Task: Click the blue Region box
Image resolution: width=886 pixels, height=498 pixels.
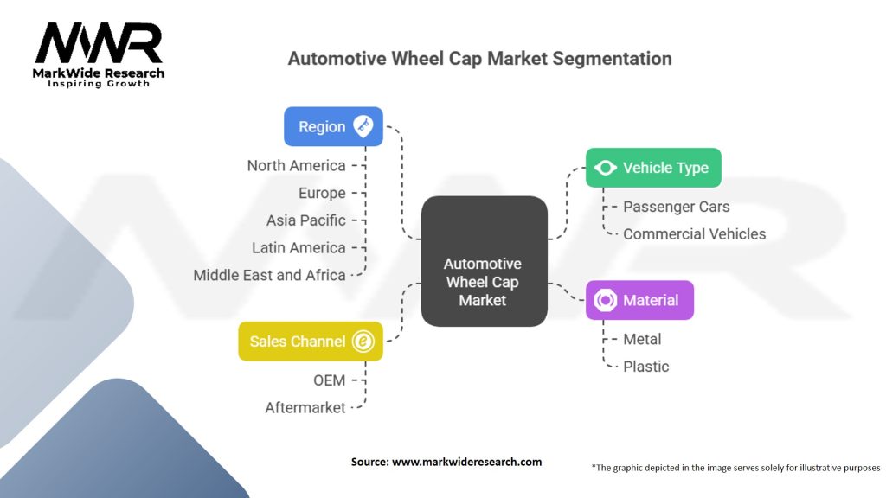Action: point(333,126)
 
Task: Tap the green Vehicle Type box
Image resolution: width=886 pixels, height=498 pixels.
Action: point(653,168)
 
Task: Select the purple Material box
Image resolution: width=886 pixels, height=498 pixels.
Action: point(639,300)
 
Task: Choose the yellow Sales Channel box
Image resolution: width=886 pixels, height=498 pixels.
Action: point(311,342)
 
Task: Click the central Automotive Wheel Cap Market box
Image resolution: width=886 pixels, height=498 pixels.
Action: point(485,261)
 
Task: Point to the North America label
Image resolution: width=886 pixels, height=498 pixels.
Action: point(296,165)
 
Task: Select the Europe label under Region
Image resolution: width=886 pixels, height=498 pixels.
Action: point(322,193)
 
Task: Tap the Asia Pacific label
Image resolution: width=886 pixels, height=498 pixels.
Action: point(306,220)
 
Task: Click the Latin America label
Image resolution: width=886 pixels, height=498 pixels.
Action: point(299,248)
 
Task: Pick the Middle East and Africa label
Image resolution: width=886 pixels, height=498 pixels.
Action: point(270,275)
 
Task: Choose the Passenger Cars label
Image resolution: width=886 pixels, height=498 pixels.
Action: point(677,207)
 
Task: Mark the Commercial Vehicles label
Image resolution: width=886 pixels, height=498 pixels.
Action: point(695,233)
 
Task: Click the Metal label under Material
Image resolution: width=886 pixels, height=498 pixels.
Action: point(642,339)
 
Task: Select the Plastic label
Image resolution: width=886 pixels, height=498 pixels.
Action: point(645,367)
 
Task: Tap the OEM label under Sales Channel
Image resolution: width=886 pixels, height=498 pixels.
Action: point(330,380)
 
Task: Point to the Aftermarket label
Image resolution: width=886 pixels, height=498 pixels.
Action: point(305,408)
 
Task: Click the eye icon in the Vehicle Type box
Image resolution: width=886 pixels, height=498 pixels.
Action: point(605,168)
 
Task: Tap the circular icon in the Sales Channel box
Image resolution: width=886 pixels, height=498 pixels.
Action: point(363,342)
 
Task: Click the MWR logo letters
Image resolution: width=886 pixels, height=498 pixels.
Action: point(99,43)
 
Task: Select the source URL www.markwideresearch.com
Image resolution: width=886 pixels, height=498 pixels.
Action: point(466,462)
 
